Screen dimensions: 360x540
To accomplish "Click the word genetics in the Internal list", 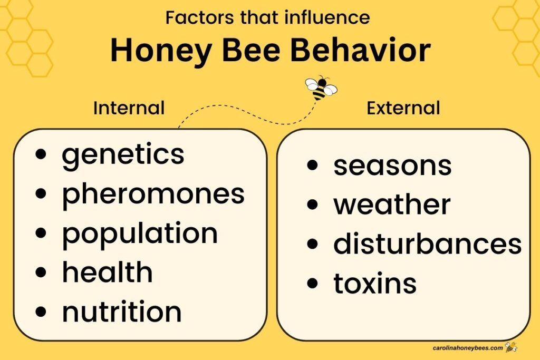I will [123, 155].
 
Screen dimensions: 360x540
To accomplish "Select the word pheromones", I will [153, 194].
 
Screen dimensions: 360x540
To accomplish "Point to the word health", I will [107, 273].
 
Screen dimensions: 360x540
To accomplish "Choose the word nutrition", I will [122, 312].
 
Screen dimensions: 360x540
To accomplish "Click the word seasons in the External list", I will [392, 166].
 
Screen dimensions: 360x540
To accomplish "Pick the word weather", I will [392, 205].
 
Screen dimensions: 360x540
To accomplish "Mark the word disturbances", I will [427, 244].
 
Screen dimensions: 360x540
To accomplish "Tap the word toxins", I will [375, 284].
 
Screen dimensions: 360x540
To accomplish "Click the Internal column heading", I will [129, 108].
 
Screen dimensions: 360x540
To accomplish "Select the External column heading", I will [403, 108].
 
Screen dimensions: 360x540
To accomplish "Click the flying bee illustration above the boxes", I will [321, 88].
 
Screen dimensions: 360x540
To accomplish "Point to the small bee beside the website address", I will [510, 347].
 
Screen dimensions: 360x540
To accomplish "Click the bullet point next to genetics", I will [41, 155].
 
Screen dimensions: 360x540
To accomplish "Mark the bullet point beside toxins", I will [312, 284].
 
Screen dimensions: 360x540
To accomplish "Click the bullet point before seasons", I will [312, 166].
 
